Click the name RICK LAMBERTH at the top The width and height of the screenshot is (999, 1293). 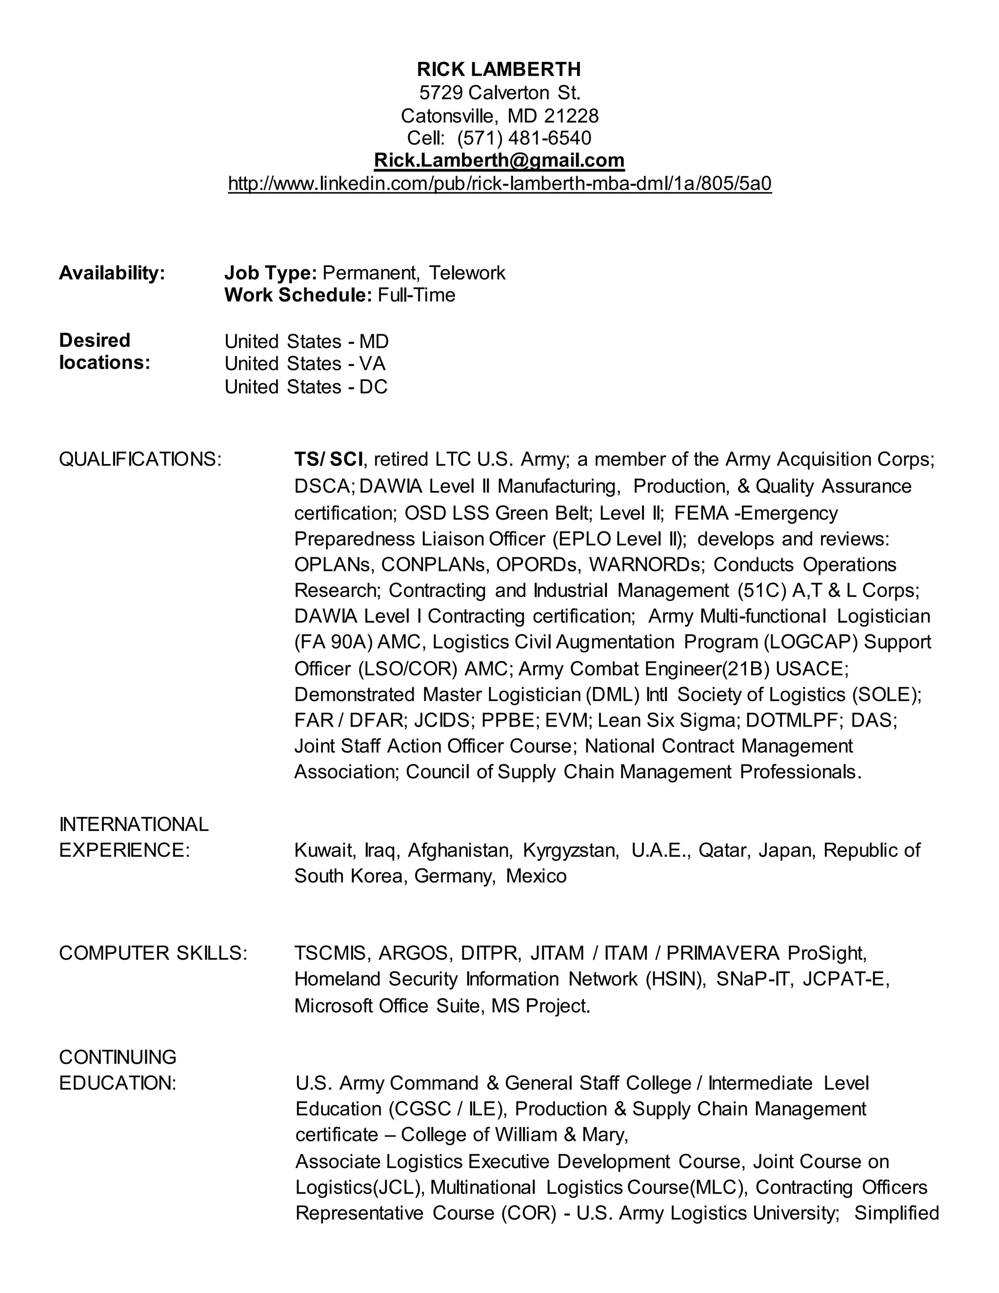[x=499, y=70]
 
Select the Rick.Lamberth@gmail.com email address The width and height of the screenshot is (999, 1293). [x=499, y=161]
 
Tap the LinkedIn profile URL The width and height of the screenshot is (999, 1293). [x=499, y=183]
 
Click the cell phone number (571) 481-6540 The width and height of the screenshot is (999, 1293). [x=524, y=138]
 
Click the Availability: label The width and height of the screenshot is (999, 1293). [x=112, y=273]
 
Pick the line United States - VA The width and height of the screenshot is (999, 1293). [x=305, y=364]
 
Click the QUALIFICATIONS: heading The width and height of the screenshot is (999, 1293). [x=140, y=459]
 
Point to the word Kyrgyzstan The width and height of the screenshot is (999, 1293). [x=571, y=850]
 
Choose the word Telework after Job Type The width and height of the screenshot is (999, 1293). [x=467, y=273]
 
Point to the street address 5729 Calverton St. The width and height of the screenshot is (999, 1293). [x=499, y=93]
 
